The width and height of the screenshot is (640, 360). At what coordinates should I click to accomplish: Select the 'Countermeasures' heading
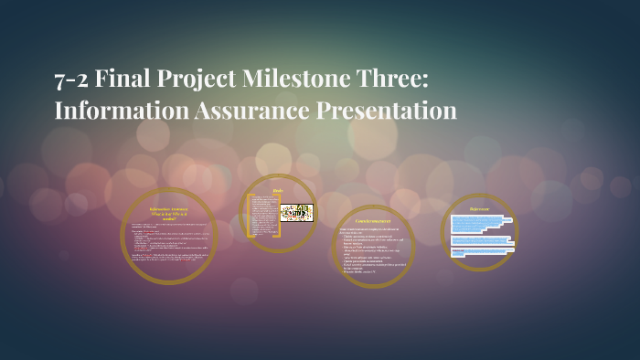pos(373,221)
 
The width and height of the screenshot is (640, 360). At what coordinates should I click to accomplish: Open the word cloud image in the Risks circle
pos(296,213)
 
